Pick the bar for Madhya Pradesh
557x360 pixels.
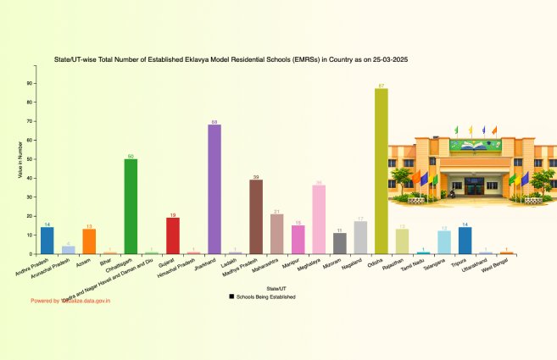tap(256, 217)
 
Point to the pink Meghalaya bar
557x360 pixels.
tap(319, 219)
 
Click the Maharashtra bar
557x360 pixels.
tap(277, 234)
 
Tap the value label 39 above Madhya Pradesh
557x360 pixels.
tap(256, 176)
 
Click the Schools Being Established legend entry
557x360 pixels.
tap(266, 297)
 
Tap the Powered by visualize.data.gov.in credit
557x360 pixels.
tap(71, 301)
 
